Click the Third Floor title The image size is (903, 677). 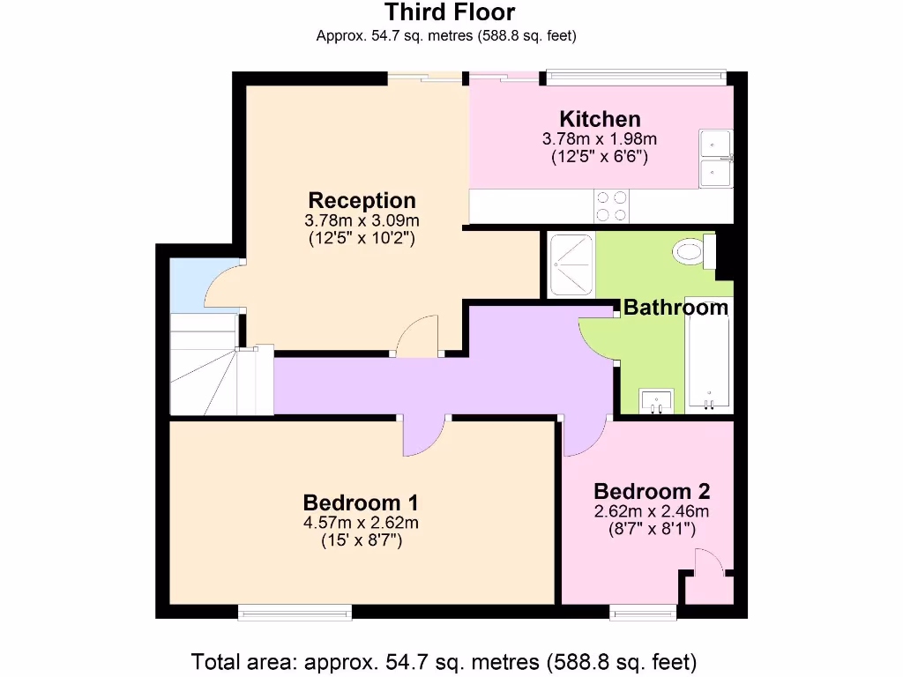pyautogui.click(x=450, y=12)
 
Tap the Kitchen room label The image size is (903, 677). pyautogui.click(x=600, y=119)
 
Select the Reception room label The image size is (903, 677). pyautogui.click(x=362, y=200)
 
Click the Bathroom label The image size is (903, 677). pyautogui.click(x=676, y=308)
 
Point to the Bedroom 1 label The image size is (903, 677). pyautogui.click(x=361, y=502)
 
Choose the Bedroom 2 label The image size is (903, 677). pyautogui.click(x=652, y=491)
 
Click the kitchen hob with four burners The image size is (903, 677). pyautogui.click(x=612, y=206)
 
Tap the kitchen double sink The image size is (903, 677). pyautogui.click(x=717, y=159)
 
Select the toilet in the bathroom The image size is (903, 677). pyautogui.click(x=691, y=251)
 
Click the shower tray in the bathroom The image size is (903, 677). pyautogui.click(x=571, y=264)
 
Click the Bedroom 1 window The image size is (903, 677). pyautogui.click(x=295, y=610)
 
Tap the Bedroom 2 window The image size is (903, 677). pyautogui.click(x=644, y=610)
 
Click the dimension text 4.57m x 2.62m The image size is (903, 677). pyautogui.click(x=361, y=523)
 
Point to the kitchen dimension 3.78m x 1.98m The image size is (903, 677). pyautogui.click(x=600, y=139)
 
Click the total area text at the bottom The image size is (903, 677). pyautogui.click(x=444, y=660)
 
